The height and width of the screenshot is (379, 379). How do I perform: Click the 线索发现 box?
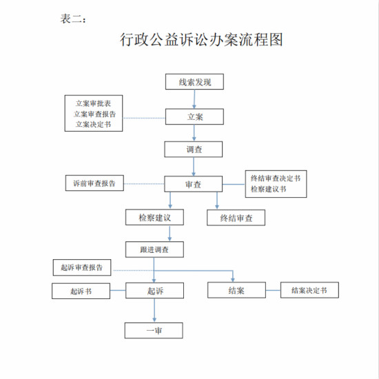point(194,82)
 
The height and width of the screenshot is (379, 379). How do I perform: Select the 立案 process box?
point(194,116)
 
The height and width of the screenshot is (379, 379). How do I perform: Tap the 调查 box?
point(194,150)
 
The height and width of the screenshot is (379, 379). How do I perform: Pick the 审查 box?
point(194,184)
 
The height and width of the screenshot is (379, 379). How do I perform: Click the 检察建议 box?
point(154,217)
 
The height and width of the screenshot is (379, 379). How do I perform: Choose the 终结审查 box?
point(236,218)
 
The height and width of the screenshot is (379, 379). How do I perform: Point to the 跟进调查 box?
point(154,249)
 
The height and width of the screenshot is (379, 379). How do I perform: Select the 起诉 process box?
point(154,290)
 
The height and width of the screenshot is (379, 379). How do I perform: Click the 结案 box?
point(236,290)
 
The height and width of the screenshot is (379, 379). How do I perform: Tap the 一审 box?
point(154,330)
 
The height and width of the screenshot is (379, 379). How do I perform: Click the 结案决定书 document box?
point(309,290)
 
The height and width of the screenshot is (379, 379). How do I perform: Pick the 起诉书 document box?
point(81,291)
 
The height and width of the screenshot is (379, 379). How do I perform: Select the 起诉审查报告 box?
point(82,267)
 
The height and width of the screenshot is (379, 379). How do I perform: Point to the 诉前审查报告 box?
point(94,183)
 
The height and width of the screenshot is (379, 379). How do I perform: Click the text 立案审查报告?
point(95,114)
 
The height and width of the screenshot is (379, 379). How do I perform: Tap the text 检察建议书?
point(269,189)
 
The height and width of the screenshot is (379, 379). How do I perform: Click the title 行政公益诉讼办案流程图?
point(201,39)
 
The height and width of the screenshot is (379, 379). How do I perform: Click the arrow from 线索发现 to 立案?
point(194,99)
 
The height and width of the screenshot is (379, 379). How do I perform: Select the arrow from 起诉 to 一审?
point(154,310)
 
